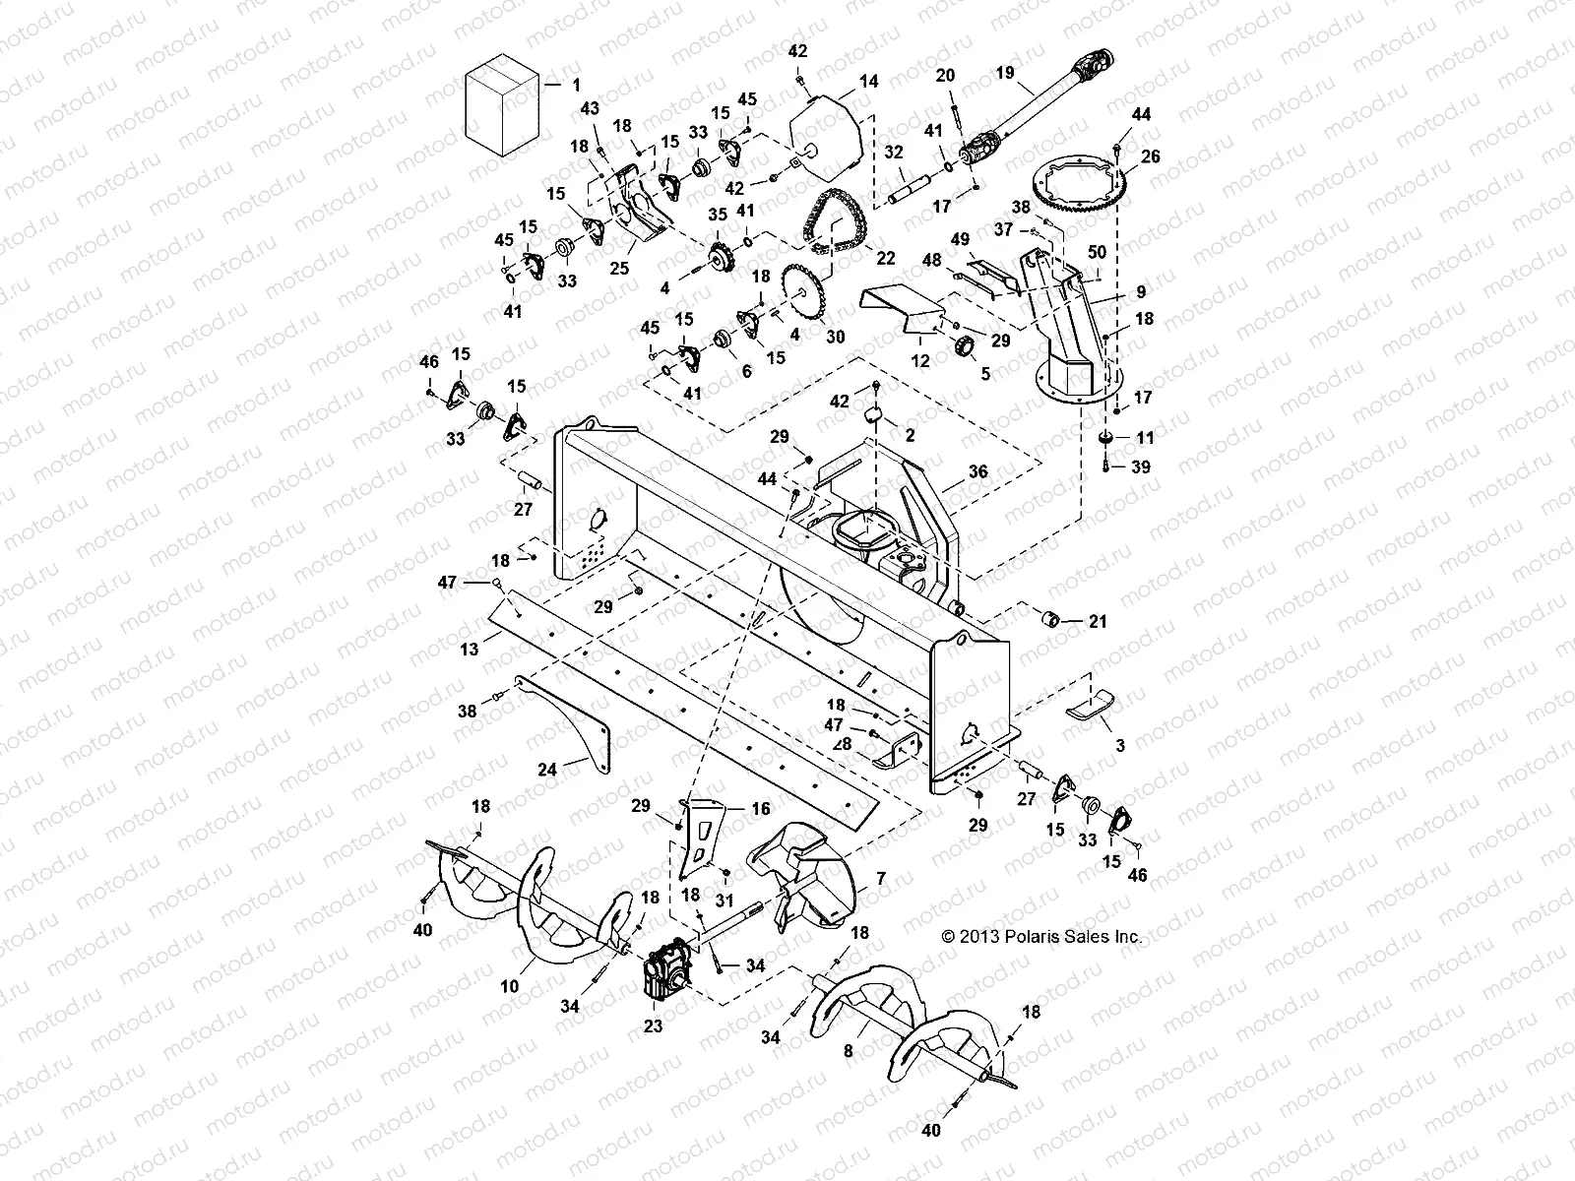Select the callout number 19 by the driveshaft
(x=1005, y=72)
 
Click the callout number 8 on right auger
(x=849, y=1051)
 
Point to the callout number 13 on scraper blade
(x=471, y=649)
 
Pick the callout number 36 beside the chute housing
(x=978, y=472)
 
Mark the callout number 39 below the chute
(x=1140, y=467)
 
